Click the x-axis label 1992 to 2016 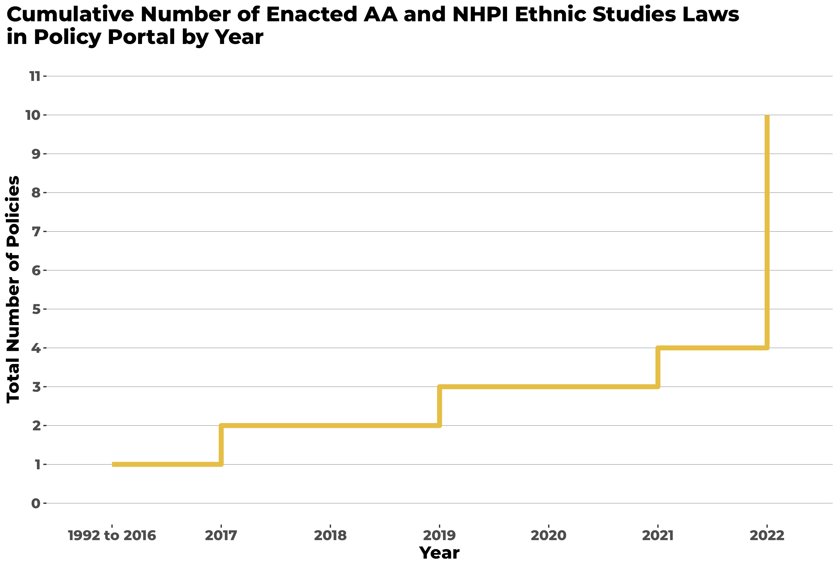(112, 536)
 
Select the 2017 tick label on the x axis (221, 536)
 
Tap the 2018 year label (330, 536)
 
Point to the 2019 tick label (439, 536)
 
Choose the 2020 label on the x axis (548, 536)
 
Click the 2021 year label (657, 536)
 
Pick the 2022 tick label (767, 536)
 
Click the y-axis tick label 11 (35, 76)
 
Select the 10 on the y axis (33, 115)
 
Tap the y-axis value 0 (36, 503)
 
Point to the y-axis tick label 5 (36, 310)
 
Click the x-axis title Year (439, 553)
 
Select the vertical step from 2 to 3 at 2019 (439, 406)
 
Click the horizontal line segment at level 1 (166, 464)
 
